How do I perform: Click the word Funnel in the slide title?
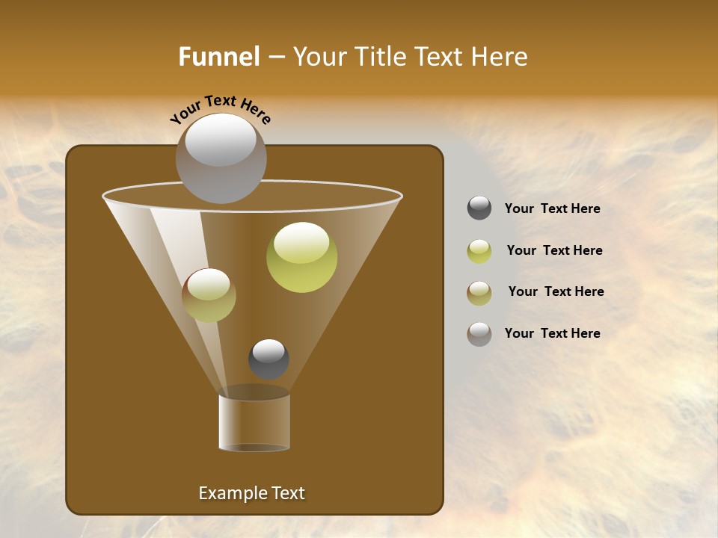pos(218,57)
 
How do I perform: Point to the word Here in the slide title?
pos(499,57)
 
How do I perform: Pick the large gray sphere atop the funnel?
pos(221,158)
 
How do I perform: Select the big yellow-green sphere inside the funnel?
pos(302,257)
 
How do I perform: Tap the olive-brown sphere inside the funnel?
pos(209,295)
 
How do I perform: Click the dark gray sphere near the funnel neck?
pos(269,359)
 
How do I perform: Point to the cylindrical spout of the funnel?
pos(254,422)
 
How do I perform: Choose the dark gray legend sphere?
pos(479,208)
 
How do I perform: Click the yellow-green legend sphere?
pos(479,251)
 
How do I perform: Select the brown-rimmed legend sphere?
pos(479,292)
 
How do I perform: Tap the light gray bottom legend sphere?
pos(479,334)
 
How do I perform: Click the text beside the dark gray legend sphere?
pos(552,209)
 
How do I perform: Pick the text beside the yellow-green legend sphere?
pos(554,250)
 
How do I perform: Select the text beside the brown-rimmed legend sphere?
pos(556,291)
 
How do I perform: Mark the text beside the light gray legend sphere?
pos(552,333)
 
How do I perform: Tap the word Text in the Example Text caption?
pos(288,493)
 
